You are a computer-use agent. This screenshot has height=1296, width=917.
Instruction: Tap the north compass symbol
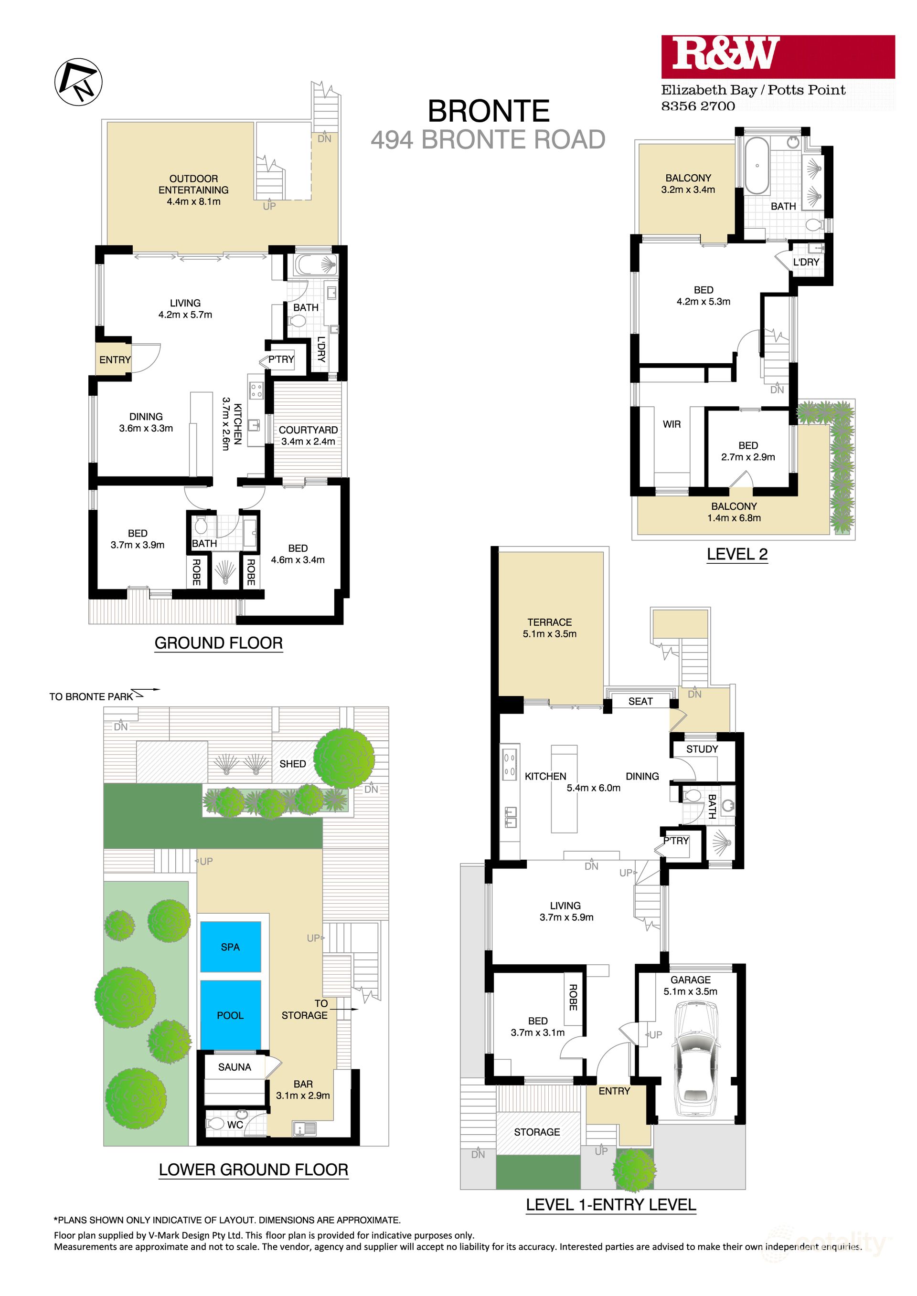pyautogui.click(x=78, y=82)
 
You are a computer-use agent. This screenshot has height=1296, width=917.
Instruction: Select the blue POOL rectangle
pyautogui.click(x=230, y=1015)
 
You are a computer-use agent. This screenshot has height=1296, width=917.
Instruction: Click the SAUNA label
pyautogui.click(x=235, y=1067)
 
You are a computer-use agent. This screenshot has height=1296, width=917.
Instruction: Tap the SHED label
pyautogui.click(x=292, y=764)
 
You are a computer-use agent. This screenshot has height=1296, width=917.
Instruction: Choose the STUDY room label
pyautogui.click(x=702, y=749)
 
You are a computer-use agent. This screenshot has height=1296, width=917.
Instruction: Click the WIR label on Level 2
pyautogui.click(x=672, y=424)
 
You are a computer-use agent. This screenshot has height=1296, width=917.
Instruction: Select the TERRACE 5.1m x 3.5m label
pyautogui.click(x=549, y=628)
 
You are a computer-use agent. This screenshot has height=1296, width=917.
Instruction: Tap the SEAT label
pyautogui.click(x=640, y=701)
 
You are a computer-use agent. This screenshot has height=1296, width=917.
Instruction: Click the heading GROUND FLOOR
pyautogui.click(x=219, y=643)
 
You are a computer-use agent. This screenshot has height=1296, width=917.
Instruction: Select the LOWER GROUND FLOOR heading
pyautogui.click(x=253, y=1170)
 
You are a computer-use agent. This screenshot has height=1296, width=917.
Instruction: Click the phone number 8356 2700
pyautogui.click(x=698, y=106)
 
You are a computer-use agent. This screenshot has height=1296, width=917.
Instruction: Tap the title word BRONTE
pyautogui.click(x=489, y=111)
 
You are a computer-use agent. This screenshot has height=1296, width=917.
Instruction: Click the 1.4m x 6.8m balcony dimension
pyautogui.click(x=734, y=518)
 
